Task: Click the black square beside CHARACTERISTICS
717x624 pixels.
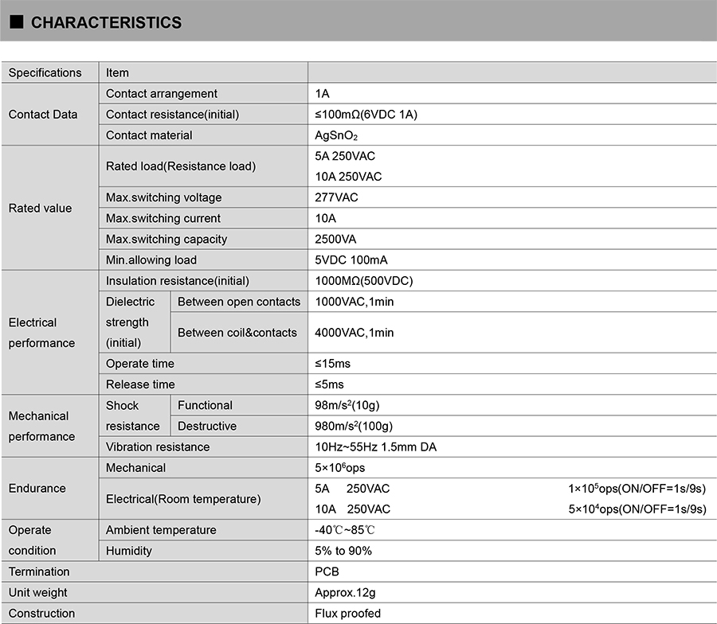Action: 16,23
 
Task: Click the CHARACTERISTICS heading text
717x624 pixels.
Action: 106,23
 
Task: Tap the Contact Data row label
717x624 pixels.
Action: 43,115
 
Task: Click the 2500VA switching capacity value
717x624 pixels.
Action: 335,239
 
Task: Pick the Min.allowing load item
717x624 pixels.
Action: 151,259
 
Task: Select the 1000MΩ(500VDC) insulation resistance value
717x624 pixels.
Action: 364,280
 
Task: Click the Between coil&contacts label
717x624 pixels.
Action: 237,333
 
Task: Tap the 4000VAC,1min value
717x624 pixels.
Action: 355,333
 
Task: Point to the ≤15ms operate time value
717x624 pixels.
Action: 332,364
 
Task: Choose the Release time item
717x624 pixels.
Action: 140,384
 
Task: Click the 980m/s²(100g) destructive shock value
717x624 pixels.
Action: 354,426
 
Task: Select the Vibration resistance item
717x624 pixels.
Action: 158,447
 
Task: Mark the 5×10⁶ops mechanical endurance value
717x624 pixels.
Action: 340,467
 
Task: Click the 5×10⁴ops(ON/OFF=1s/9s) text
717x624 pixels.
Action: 637,509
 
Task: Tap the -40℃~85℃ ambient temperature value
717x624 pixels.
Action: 344,530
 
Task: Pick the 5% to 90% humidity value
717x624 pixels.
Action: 343,551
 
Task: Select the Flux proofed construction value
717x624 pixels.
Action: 348,613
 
